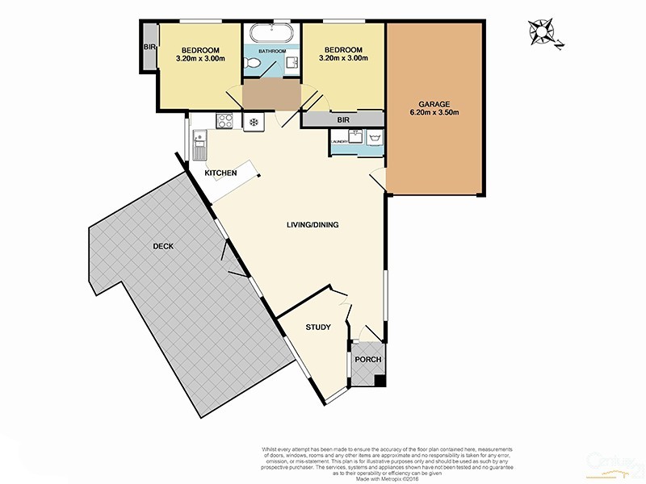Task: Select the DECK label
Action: coord(162,246)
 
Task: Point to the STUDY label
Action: coord(318,328)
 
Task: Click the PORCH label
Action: coord(368,360)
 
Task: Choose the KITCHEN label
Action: coord(220,173)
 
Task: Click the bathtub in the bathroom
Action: coord(271,34)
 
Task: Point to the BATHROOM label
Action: coord(272,51)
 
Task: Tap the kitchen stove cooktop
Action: coord(226,122)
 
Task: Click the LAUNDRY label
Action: coord(338,141)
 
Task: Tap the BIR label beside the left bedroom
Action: coord(149,48)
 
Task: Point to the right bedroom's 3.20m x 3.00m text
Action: coord(342,58)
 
